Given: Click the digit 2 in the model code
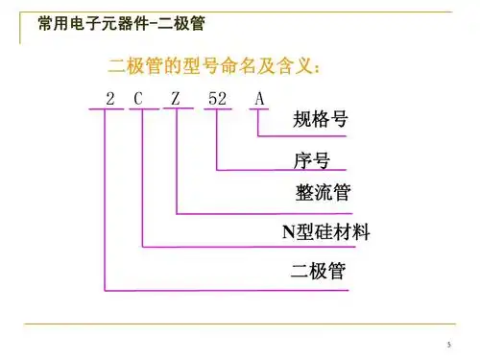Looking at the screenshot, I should pos(110,98).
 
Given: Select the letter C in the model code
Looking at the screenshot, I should pos(139,98).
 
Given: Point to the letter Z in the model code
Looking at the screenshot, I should pos(177,98).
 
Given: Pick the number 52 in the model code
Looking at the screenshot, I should pos(218,98).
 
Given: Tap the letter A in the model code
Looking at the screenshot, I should pos(259,98).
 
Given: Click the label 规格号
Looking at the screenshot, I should pos(320,122).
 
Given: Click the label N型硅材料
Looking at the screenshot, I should pos(325,231).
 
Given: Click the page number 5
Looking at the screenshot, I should pos(448,345).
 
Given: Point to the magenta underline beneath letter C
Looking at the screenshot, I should pos(142,108).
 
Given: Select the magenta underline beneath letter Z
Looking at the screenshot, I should pos(179,108).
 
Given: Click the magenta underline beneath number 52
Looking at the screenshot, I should pos(219,108).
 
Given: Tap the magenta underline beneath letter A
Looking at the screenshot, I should pos(260,108).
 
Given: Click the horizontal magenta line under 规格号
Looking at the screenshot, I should pos(307,136).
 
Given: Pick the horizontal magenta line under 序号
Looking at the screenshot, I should pos(288,170).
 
